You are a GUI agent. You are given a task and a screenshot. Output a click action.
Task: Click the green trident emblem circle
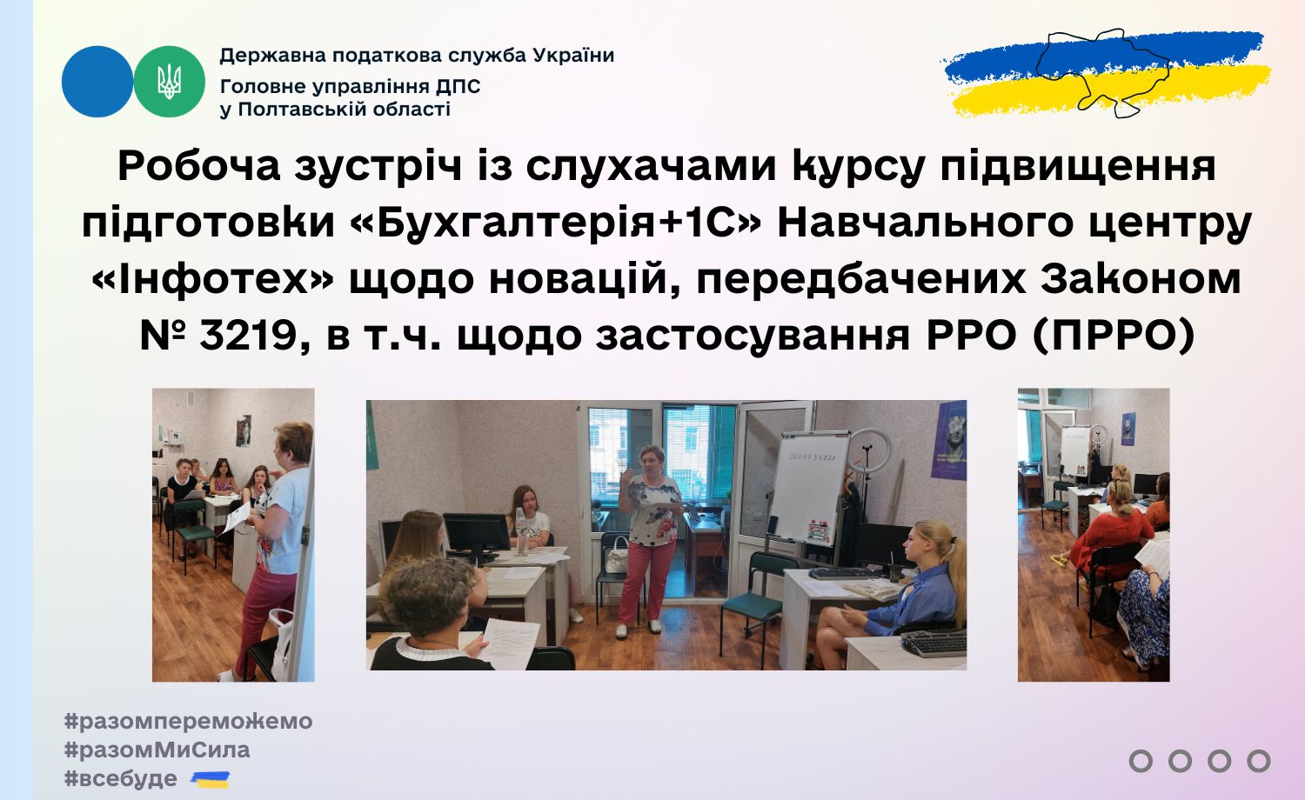pyautogui.click(x=170, y=82)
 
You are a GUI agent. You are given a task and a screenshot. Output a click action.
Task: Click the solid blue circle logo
pyautogui.click(x=97, y=82)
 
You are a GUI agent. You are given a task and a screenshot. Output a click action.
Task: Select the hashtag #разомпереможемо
pyautogui.click(x=188, y=722)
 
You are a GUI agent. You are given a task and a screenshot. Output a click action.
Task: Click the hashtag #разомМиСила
pyautogui.click(x=157, y=750)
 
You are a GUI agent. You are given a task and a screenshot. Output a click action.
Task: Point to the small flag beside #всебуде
pyautogui.click(x=211, y=780)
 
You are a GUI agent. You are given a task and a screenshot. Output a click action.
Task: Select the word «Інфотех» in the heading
pyautogui.click(x=212, y=279)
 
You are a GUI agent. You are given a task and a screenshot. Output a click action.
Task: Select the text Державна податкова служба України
pyautogui.click(x=417, y=56)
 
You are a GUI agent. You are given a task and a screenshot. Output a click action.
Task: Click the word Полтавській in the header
pyautogui.click(x=303, y=110)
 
